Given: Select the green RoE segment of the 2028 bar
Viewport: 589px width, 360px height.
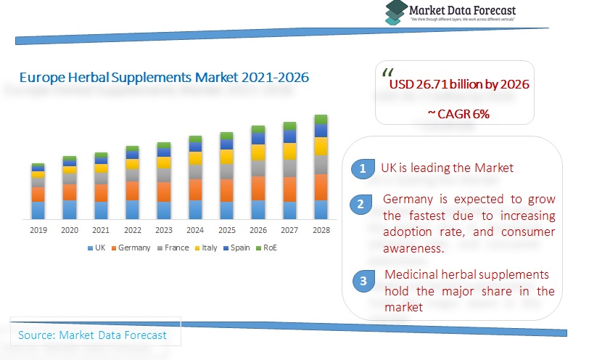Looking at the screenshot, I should (x=321, y=120).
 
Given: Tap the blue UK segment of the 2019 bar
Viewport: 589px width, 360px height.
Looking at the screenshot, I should (x=38, y=210).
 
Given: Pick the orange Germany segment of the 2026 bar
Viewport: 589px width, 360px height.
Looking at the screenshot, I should (x=258, y=188).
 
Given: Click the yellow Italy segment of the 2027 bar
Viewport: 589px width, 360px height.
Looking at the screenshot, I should (x=289, y=151).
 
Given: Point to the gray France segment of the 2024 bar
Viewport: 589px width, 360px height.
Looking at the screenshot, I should (x=195, y=171).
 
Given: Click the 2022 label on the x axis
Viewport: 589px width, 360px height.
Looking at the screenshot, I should (x=132, y=230).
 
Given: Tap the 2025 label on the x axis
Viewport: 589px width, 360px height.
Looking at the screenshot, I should (x=226, y=230).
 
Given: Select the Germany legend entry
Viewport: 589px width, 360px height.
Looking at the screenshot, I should (x=131, y=248).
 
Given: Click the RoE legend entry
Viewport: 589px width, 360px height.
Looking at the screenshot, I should (x=266, y=248).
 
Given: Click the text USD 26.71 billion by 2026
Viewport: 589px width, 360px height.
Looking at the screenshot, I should (x=459, y=85).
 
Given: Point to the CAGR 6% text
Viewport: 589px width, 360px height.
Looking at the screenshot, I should (x=458, y=114).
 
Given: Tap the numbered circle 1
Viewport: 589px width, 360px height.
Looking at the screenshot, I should (x=361, y=169).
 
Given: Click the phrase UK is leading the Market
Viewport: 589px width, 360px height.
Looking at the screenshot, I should (x=447, y=168).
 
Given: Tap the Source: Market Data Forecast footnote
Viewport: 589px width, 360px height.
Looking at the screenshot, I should (x=92, y=335).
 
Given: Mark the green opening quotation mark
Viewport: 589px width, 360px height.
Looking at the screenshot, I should (x=387, y=73).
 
